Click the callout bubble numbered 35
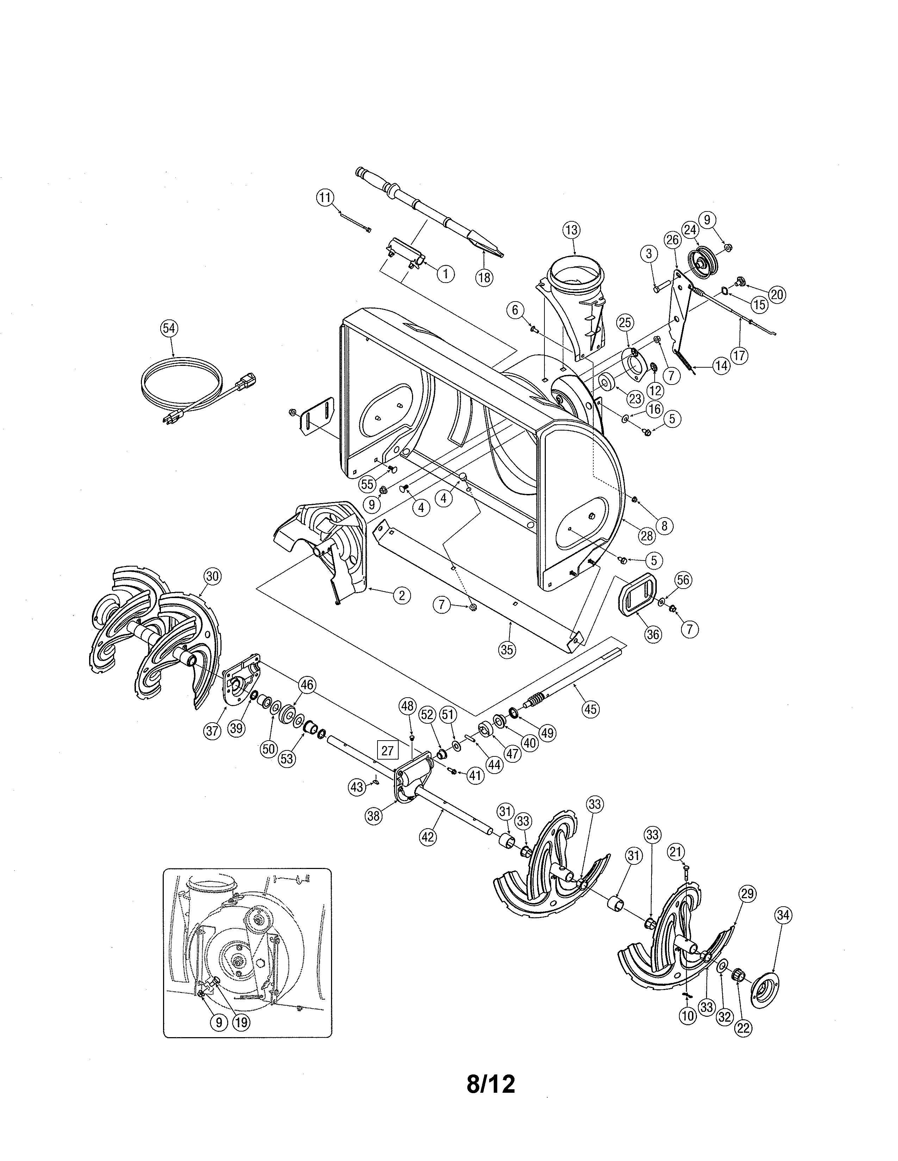pyautogui.click(x=507, y=649)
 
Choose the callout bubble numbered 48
pyautogui.click(x=407, y=706)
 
